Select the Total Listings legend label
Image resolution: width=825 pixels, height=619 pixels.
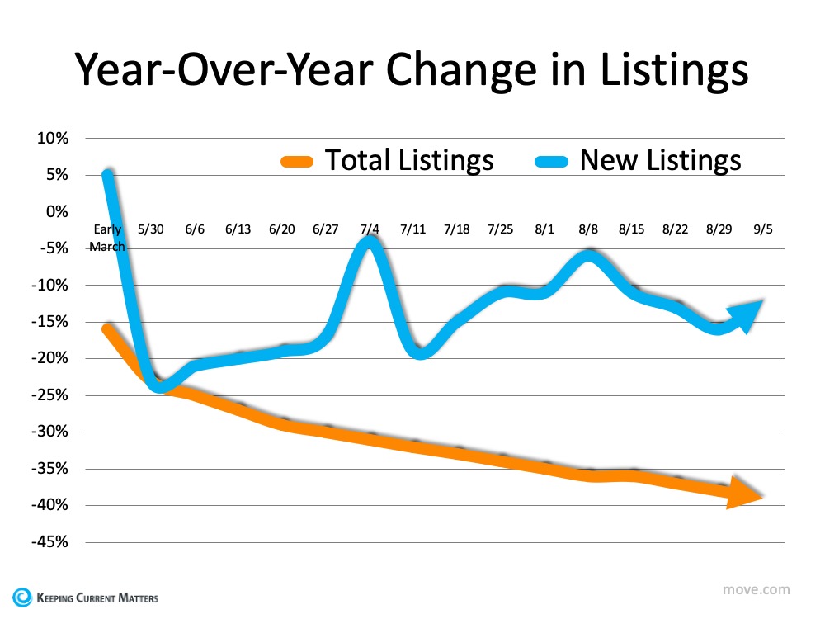tap(409, 159)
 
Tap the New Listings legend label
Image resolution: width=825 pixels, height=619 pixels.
tap(661, 159)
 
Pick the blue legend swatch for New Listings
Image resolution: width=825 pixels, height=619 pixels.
tap(551, 160)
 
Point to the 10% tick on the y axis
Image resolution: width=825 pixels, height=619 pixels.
tap(51, 138)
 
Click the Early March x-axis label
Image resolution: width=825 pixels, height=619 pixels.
tap(107, 238)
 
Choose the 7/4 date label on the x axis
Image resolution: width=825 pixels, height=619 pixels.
tap(370, 229)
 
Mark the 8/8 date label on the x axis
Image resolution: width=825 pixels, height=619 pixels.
tap(587, 229)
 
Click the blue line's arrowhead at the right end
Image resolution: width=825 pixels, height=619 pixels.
tap(746, 315)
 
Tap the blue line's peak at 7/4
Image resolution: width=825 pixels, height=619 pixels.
tap(370, 240)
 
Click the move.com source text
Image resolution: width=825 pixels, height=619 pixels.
tap(756, 589)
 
